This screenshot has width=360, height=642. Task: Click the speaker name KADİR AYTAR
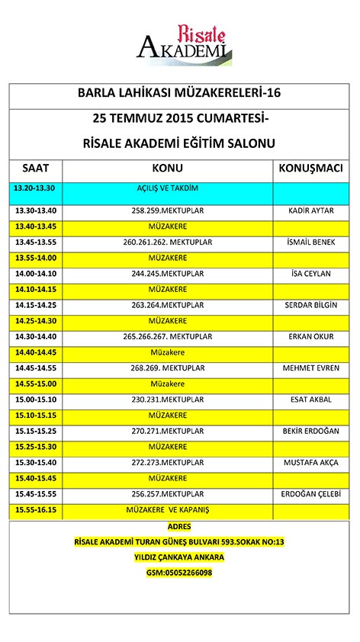point(310,210)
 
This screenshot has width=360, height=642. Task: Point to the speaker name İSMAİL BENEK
point(310,242)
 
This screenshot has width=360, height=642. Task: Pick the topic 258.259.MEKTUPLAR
point(167,210)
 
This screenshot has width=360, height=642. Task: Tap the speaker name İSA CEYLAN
point(310,273)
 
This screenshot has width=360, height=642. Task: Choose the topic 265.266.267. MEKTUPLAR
point(167,336)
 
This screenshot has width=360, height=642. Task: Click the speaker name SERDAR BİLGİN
point(310,305)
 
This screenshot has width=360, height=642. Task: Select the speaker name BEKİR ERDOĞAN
point(310,431)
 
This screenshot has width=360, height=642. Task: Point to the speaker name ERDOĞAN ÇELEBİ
point(310,494)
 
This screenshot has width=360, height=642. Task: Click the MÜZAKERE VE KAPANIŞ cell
point(167,509)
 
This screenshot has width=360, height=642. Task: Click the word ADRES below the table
point(179,526)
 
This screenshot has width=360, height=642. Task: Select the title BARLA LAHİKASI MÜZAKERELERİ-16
point(179,94)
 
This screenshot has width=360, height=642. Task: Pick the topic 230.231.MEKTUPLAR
point(167,400)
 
